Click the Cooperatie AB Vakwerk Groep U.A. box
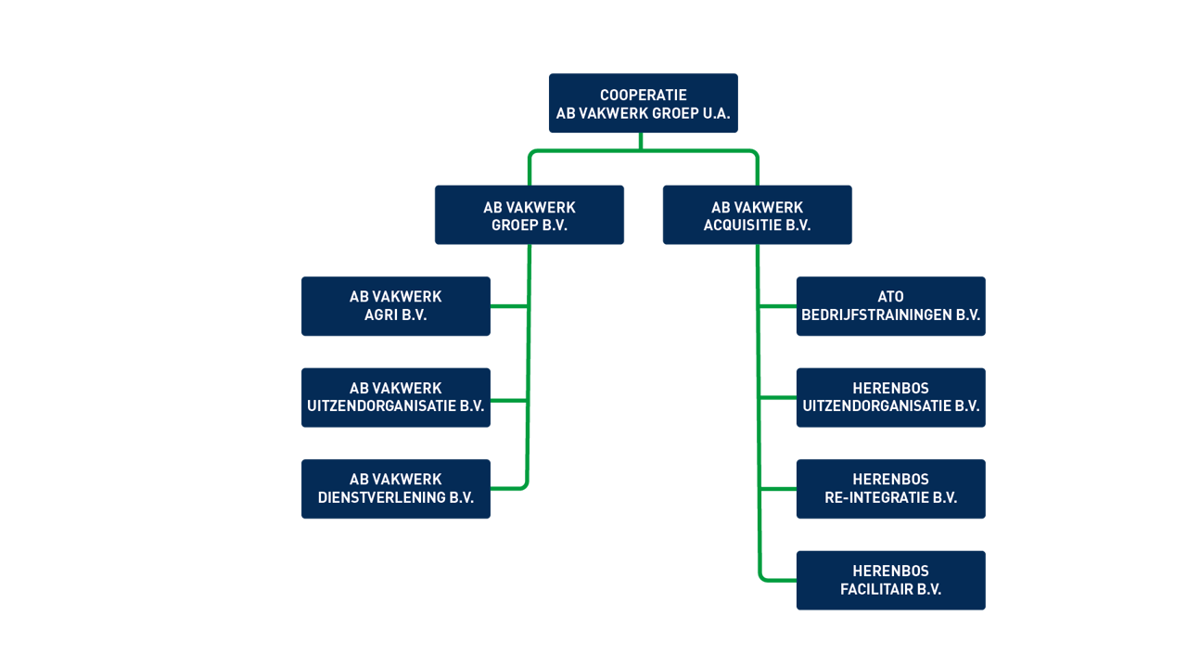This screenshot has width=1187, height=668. pos(643,103)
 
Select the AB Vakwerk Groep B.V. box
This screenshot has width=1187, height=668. pos(529,214)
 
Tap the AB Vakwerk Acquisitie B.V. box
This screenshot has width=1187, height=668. pos(757,214)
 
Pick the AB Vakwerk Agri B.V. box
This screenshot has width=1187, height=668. pos(395,305)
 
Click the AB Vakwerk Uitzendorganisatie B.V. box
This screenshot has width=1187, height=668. pos(395,396)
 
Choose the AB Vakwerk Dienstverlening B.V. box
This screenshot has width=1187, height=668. pos(395,488)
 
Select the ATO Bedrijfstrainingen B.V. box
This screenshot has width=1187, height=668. pos(890,305)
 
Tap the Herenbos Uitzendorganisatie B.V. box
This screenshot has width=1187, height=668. pos(890,396)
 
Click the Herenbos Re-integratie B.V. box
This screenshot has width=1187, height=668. pos(890,488)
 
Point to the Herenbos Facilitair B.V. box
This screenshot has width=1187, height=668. pos(890,580)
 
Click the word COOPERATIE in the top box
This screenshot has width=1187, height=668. pos(643,96)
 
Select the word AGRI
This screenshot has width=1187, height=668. pos(382,315)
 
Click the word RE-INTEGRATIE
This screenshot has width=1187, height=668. pos(877,498)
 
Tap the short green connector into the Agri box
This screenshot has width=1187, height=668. pos(508,305)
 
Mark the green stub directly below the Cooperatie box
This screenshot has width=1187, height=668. pos(641,140)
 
